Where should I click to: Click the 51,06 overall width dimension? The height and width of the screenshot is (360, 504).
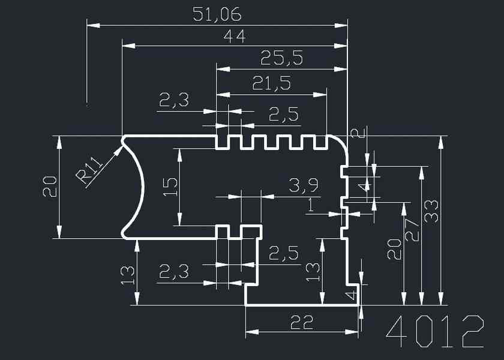point(217,14)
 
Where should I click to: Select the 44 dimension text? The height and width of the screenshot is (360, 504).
point(234,37)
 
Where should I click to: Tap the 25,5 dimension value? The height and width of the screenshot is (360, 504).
point(281,58)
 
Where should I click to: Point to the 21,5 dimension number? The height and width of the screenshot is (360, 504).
point(271,83)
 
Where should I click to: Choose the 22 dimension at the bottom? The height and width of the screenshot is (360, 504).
point(302,322)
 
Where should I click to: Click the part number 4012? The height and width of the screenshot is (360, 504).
point(434,331)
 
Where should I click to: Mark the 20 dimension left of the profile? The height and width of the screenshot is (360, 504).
point(50,187)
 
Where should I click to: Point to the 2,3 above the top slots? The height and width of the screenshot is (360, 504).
point(173,100)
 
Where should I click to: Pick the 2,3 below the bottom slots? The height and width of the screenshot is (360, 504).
point(173,273)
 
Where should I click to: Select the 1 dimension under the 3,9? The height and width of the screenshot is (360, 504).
point(310,205)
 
